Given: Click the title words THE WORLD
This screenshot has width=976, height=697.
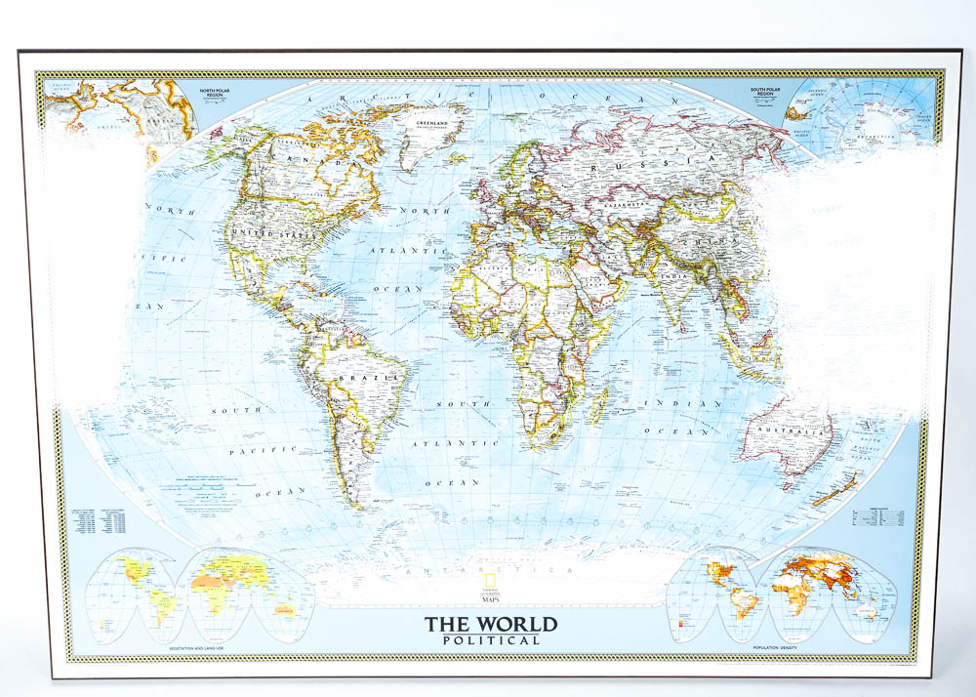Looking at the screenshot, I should pos(490,624).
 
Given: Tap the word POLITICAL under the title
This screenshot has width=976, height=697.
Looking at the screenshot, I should pos(490,640).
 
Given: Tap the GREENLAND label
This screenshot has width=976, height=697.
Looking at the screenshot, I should pos(436,124).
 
